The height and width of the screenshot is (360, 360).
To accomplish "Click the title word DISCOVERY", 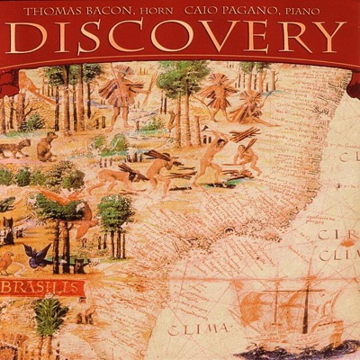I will [180, 38].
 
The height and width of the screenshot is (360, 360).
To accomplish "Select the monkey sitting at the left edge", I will [45, 144].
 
